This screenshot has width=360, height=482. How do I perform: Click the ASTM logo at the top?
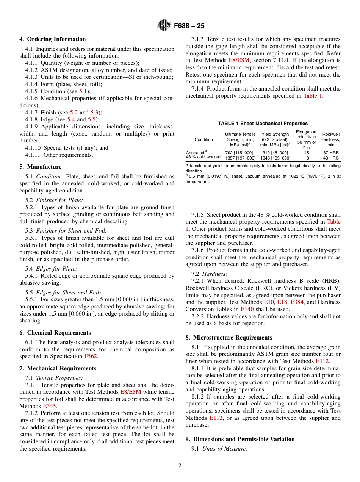(x=164, y=25)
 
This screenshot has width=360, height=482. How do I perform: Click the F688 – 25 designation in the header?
(x=189, y=26)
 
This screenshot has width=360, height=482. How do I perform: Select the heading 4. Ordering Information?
(x=53, y=39)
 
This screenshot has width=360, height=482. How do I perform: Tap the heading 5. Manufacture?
(x=40, y=167)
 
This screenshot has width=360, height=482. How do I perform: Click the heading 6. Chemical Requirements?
(x=55, y=333)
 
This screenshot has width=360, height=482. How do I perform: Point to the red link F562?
(x=91, y=357)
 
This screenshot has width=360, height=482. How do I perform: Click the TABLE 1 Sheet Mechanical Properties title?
(x=263, y=124)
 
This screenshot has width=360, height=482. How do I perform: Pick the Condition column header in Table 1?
(x=204, y=139)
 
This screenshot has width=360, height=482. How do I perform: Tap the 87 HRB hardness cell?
(x=331, y=153)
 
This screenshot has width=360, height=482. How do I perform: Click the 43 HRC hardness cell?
(x=331, y=158)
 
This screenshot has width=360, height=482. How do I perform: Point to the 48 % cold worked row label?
(x=203, y=157)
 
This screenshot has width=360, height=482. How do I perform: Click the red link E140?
(x=247, y=309)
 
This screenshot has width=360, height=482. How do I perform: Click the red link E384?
(x=297, y=302)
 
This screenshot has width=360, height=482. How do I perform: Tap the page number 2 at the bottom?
(x=180, y=466)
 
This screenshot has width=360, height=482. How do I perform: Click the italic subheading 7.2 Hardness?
(x=209, y=274)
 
